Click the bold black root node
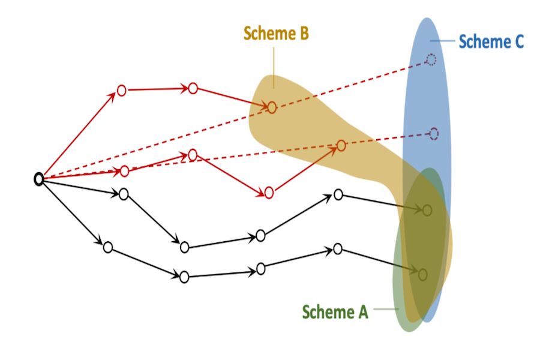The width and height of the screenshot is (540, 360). [x=38, y=179]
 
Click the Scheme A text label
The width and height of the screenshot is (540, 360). [x=335, y=312]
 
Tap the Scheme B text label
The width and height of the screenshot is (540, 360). [x=276, y=34]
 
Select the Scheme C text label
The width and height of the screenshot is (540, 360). [x=491, y=41]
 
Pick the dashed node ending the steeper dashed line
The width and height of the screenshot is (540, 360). [x=431, y=59]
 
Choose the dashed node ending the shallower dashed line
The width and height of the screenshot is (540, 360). [x=434, y=133]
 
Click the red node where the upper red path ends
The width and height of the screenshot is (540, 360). [x=272, y=107]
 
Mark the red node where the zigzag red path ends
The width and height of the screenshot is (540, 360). [x=341, y=145]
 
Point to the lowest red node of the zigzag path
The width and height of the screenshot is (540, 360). [x=269, y=192]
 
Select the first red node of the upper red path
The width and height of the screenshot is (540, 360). [x=121, y=91]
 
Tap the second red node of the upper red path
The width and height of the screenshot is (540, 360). [x=193, y=89]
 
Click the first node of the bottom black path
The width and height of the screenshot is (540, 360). [x=108, y=247]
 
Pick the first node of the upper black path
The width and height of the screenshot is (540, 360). [x=124, y=194]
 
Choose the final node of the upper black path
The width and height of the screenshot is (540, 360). [x=427, y=210]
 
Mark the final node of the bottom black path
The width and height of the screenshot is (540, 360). [x=422, y=274]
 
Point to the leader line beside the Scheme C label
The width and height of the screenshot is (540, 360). [x=443, y=41]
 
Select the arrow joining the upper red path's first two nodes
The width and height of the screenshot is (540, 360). [x=157, y=89]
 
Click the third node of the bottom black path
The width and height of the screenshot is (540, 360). [x=260, y=268]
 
